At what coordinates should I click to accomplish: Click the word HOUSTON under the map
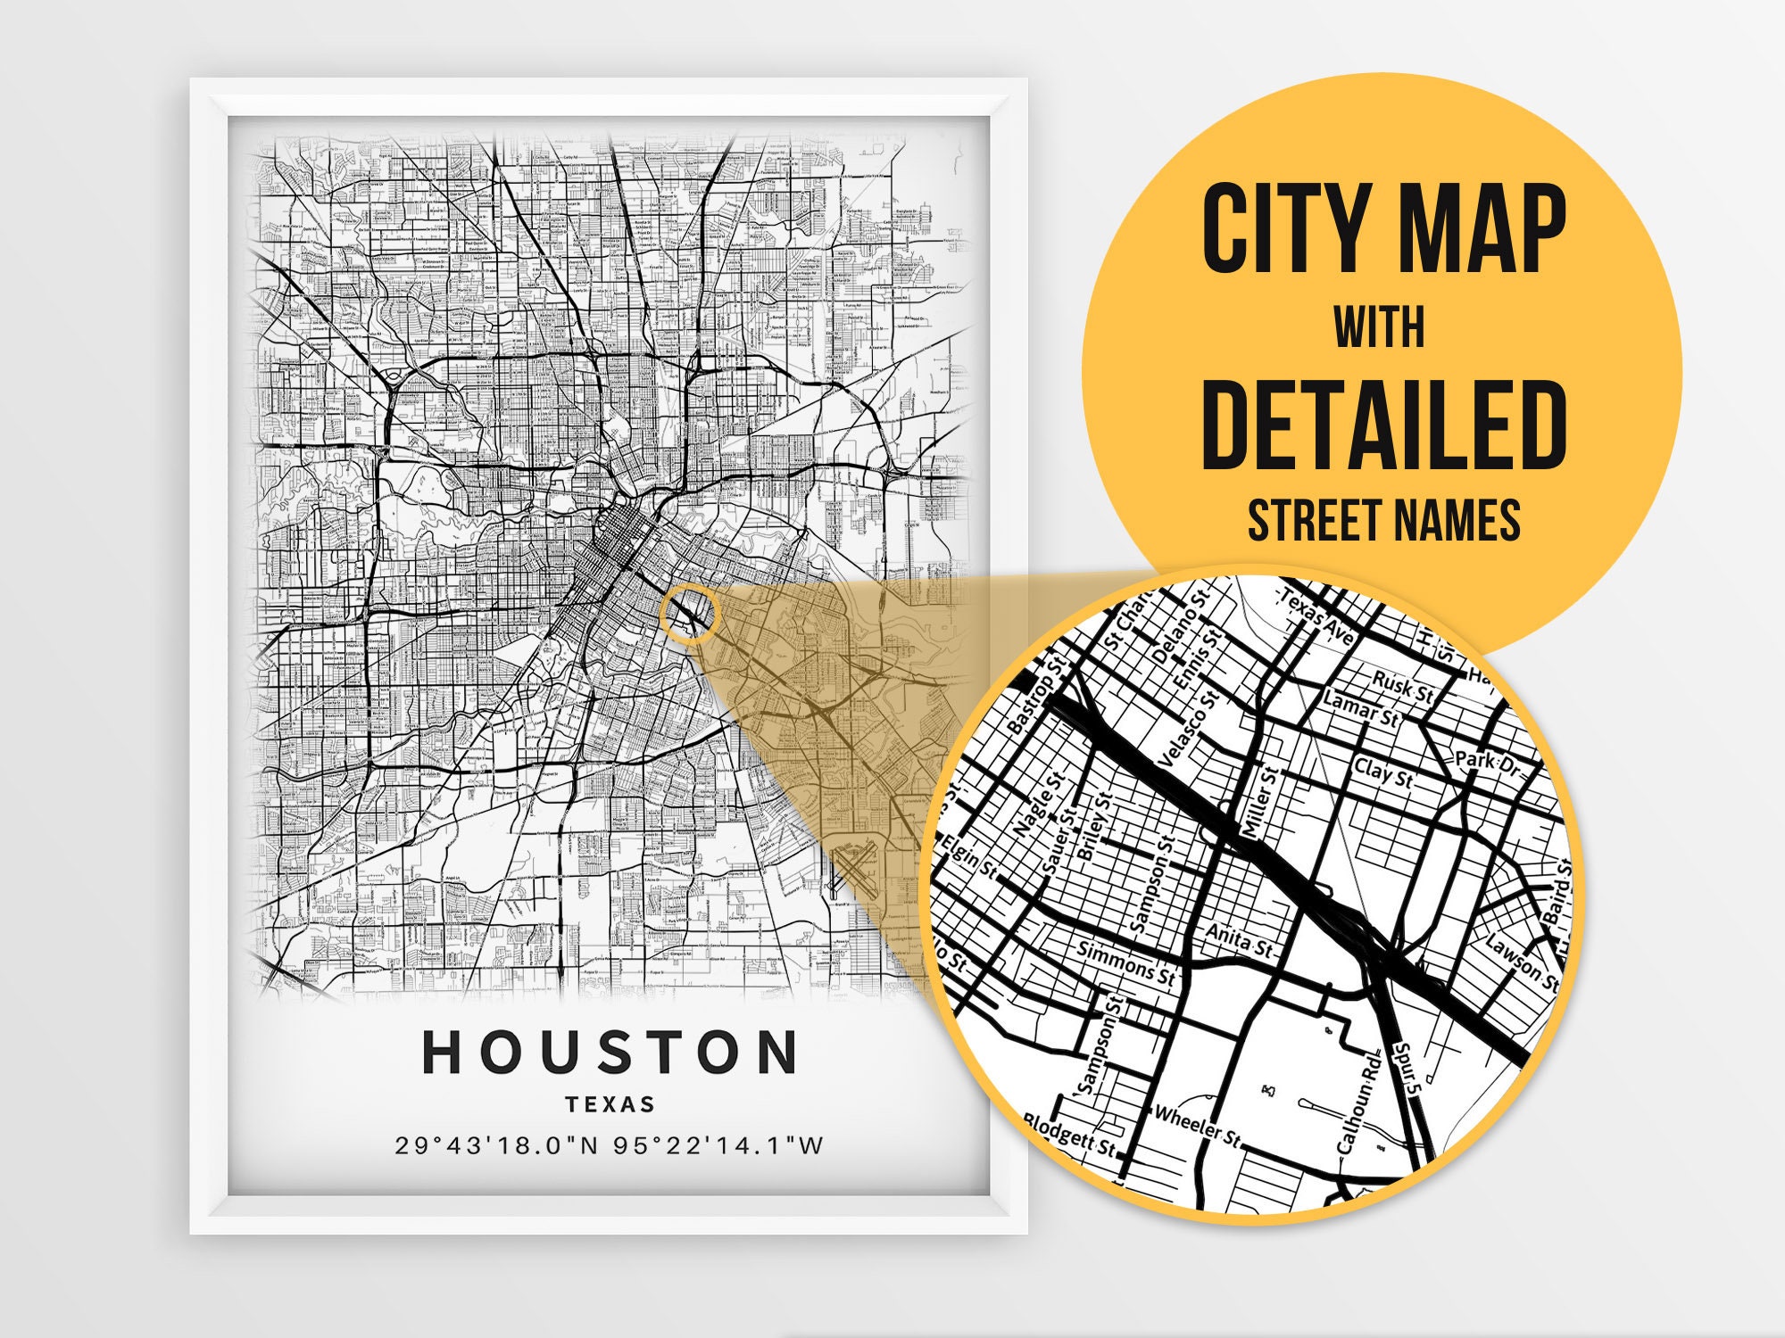coord(610,1052)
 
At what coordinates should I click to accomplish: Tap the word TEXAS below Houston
coord(610,1104)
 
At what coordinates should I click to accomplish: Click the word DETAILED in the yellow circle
coord(1383,425)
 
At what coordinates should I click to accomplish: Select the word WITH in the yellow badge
coord(1379,327)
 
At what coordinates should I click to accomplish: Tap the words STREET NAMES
coord(1383,520)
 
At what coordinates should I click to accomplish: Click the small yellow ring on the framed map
coord(689,615)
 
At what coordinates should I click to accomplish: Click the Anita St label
coord(1239,939)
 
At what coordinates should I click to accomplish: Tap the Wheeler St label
coord(1197,1127)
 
